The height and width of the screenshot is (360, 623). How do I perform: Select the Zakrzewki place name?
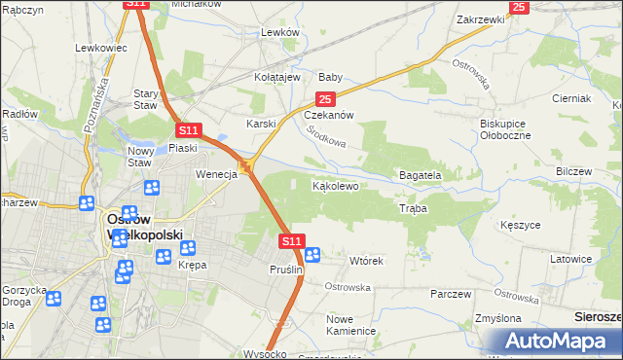point(479,19)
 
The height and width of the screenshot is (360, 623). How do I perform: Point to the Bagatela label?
point(421,175)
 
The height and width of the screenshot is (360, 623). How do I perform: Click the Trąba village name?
point(413,208)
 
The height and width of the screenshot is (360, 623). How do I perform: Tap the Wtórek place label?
point(367,262)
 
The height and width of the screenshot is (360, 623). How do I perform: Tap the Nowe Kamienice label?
point(351,325)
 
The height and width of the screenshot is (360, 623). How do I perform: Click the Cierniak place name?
point(571,99)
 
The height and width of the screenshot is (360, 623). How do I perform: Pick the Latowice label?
point(570,259)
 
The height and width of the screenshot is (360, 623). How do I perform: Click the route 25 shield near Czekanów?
point(325,99)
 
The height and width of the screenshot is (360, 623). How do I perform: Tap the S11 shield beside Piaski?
point(188,130)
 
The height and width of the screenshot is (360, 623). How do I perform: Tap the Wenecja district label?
point(217,175)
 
